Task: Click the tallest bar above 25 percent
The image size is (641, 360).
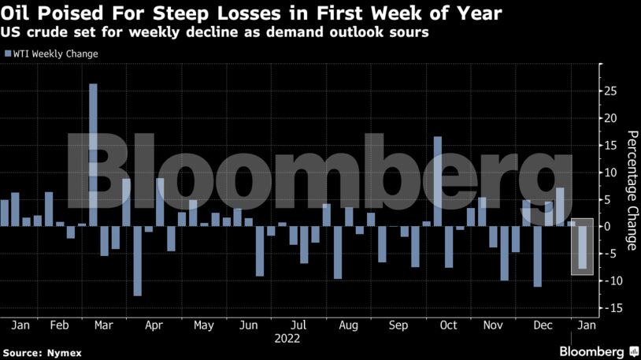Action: pos(93,154)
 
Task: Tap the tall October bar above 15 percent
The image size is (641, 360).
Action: pos(438,181)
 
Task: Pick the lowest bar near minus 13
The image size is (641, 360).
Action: pos(137,261)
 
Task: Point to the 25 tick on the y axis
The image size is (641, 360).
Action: pos(608,91)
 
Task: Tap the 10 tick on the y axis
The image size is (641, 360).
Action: pos(608,173)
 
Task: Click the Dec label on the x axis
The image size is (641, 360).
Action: pos(543,325)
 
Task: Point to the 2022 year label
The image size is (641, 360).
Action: pos(287,339)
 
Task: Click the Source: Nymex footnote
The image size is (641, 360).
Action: pos(43,351)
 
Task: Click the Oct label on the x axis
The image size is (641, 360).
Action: pos(448,325)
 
